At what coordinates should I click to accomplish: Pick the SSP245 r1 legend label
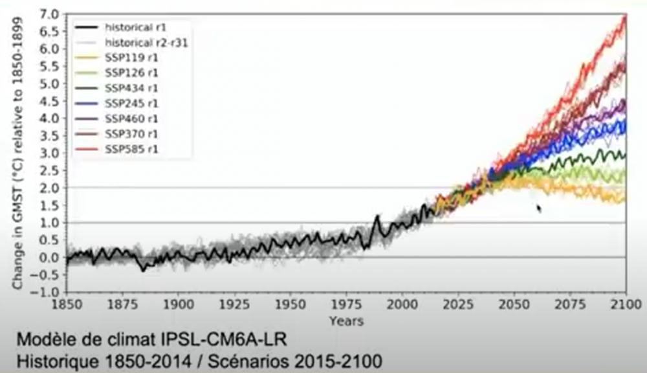point(131,103)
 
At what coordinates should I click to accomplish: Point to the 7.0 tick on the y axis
point(50,15)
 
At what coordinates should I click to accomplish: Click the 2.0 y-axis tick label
point(50,188)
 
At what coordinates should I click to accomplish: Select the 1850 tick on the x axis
point(67,305)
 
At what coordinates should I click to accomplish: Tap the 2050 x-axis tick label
point(514,305)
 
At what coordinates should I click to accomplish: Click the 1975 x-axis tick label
point(346,305)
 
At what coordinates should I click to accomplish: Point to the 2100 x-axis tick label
point(626,305)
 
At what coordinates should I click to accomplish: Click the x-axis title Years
point(346,321)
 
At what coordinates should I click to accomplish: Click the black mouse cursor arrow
point(538,208)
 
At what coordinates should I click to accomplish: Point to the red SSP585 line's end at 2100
point(626,15)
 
